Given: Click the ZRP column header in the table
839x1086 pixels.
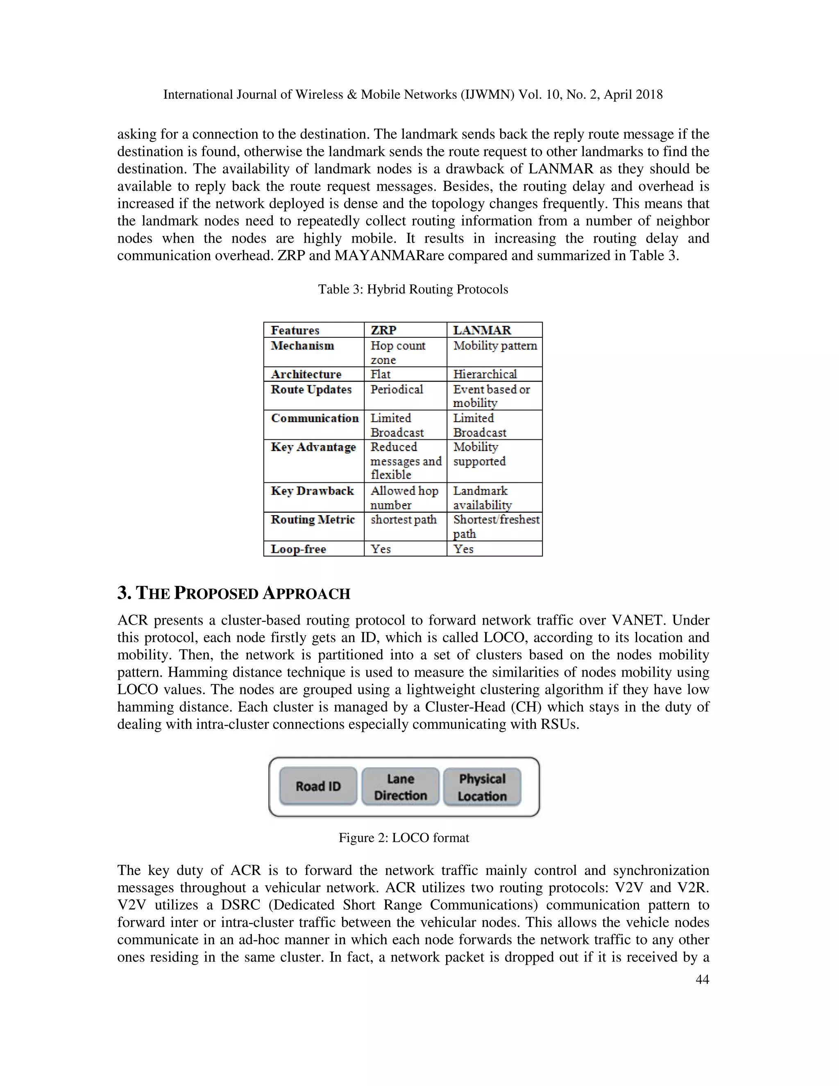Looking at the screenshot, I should pyautogui.click(x=384, y=330).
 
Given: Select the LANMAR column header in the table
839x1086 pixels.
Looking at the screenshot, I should pyautogui.click(x=482, y=330).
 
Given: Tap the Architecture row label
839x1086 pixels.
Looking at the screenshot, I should pyautogui.click(x=306, y=374).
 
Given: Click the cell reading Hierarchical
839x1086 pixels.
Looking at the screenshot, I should pyautogui.click(x=485, y=374).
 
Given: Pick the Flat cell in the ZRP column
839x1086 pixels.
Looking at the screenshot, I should pyautogui.click(x=381, y=374).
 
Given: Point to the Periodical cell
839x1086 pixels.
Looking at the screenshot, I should pyautogui.click(x=397, y=389).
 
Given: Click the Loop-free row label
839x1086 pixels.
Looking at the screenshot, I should pyautogui.click(x=298, y=549).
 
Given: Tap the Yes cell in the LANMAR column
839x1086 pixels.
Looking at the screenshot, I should pyautogui.click(x=463, y=549).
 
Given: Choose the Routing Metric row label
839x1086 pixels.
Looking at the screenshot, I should pyautogui.click(x=313, y=520).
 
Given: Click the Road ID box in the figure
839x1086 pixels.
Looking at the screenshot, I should pyautogui.click(x=318, y=786).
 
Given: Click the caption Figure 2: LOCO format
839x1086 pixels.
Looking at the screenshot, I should pyautogui.click(x=404, y=838).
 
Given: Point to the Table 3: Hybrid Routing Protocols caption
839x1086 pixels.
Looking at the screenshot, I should pyautogui.click(x=413, y=289).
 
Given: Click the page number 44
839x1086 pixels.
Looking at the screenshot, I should pyautogui.click(x=702, y=979).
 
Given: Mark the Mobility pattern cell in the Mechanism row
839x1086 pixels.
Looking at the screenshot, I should pyautogui.click(x=495, y=345).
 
